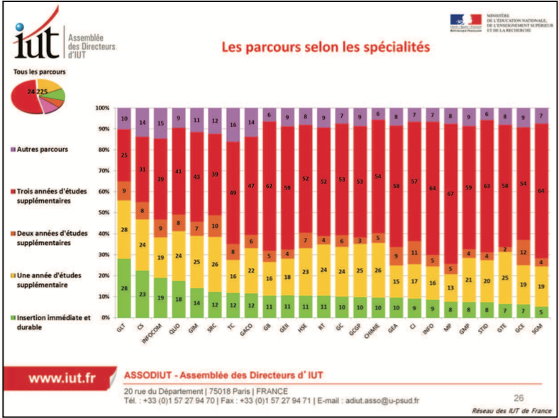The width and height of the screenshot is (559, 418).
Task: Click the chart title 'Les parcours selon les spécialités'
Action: [326, 48]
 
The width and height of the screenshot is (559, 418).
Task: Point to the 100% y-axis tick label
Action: [101, 108]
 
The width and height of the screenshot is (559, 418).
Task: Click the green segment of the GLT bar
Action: [125, 287]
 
